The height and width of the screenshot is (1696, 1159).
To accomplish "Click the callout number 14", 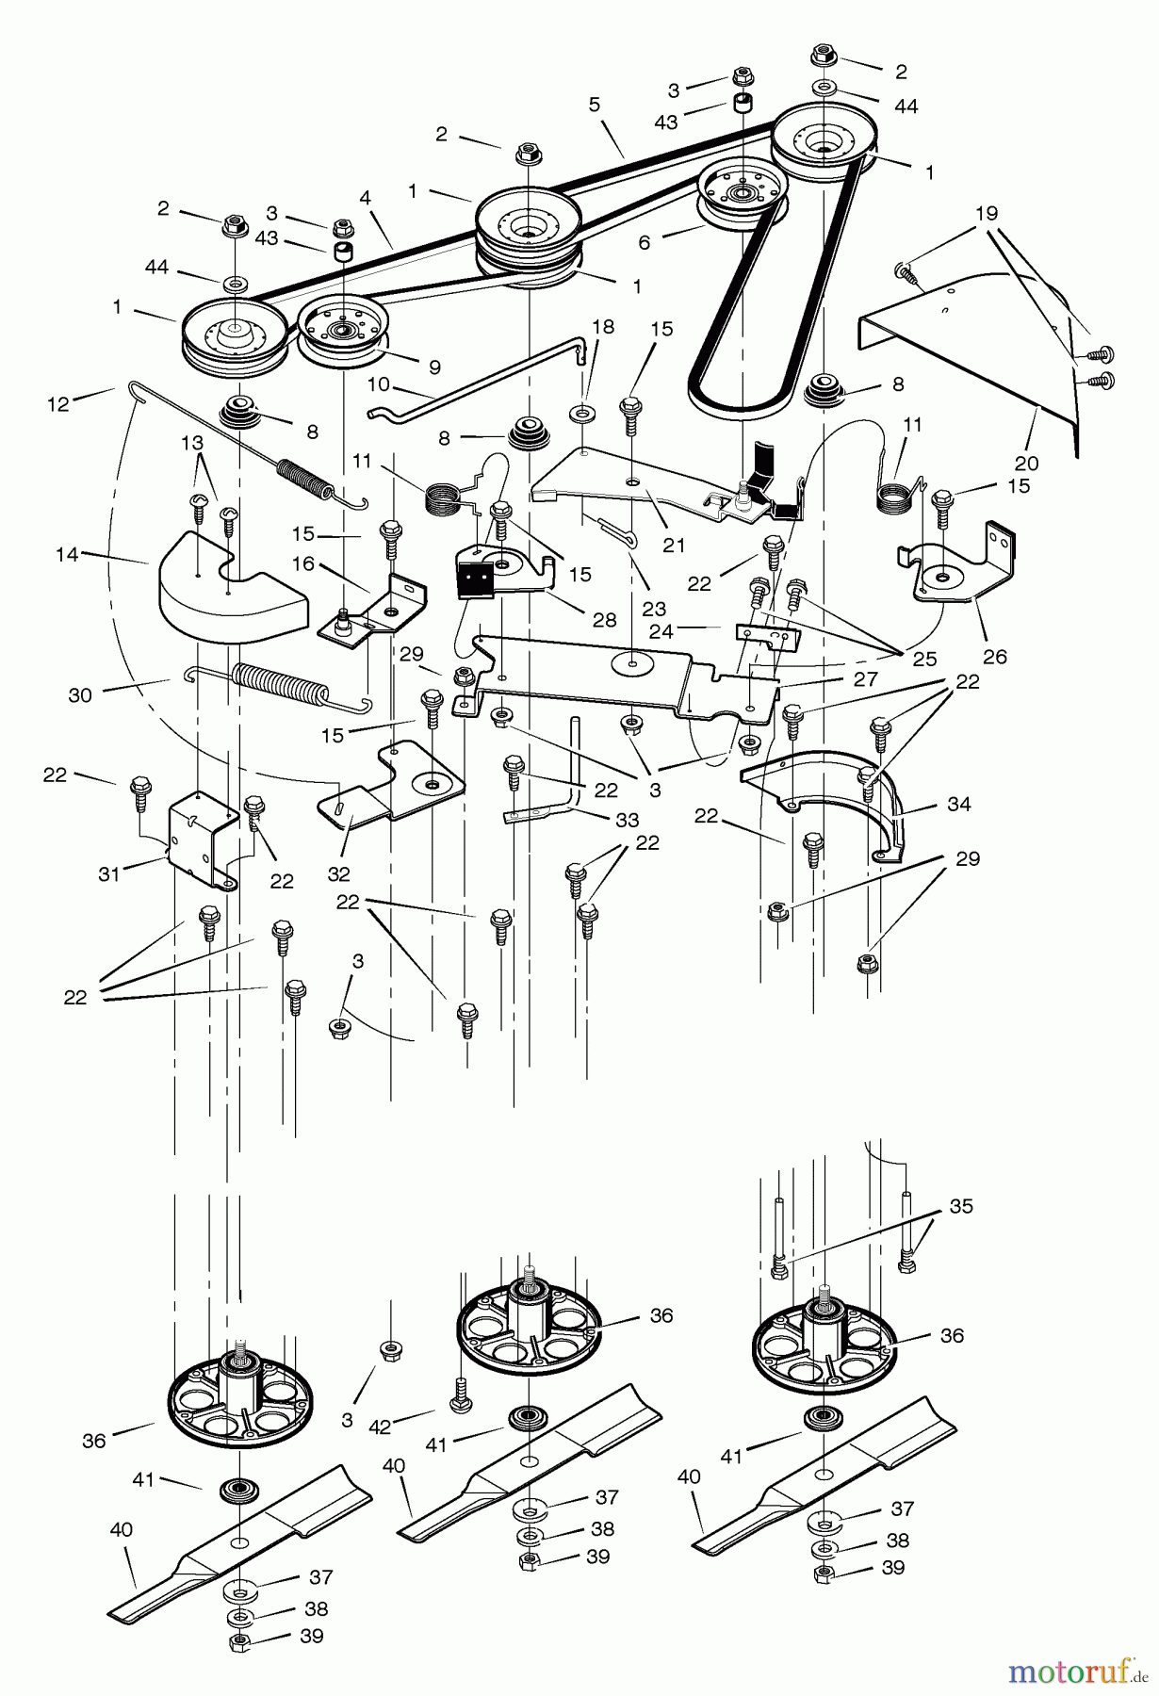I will click(x=67, y=555).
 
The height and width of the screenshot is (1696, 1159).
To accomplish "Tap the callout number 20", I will click(x=1026, y=463).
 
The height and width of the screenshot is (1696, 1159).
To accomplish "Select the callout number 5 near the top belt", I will click(x=595, y=105).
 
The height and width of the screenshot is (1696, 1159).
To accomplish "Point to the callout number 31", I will click(x=109, y=873).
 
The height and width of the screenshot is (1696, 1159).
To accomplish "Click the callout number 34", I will click(x=959, y=804).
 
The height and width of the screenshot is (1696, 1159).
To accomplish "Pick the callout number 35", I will click(x=961, y=1206).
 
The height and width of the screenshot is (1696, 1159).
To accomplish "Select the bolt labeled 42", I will click(x=461, y=1399).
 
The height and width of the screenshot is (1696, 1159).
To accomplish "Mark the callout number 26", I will click(x=995, y=657).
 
